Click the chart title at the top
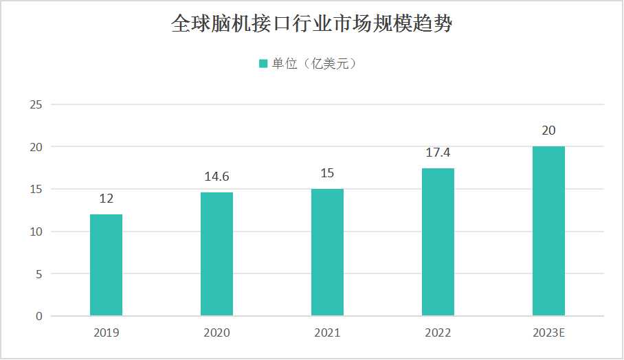point(311,25)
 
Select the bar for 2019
point(107,265)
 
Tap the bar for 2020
point(216,254)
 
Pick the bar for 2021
point(327,253)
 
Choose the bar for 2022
point(438,243)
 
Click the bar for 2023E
point(548,232)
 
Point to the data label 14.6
point(216,177)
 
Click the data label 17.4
point(438,153)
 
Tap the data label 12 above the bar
point(107,199)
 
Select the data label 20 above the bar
point(548,131)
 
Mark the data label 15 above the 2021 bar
point(327,173)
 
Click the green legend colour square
point(263,64)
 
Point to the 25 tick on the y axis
point(36,104)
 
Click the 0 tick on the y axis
point(38,317)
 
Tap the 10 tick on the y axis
point(36,232)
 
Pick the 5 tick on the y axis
point(38,274)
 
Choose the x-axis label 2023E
point(548,333)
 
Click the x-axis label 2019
point(107,333)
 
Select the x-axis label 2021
point(327,333)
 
